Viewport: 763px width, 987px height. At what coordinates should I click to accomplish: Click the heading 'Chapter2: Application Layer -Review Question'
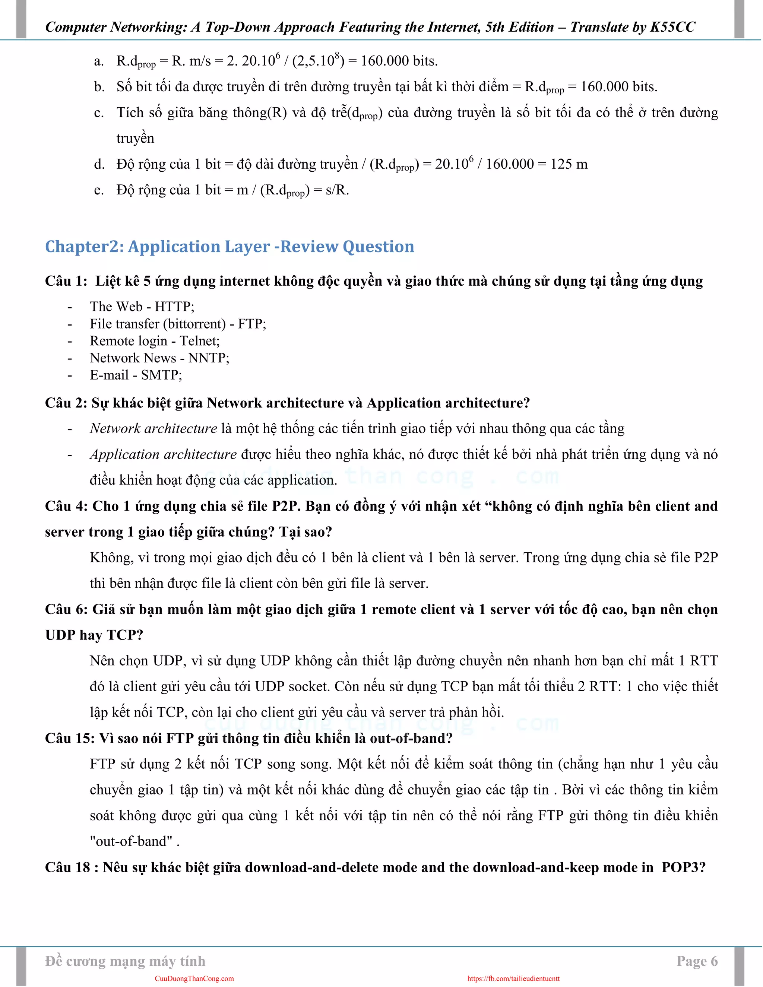click(x=229, y=247)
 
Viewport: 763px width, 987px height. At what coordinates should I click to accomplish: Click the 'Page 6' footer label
click(x=697, y=961)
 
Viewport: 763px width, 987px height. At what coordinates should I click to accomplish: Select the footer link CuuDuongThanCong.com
click(x=194, y=978)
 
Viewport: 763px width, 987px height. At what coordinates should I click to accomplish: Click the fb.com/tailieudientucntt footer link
click(x=513, y=978)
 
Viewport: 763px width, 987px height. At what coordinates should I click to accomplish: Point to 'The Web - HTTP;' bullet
click(x=142, y=307)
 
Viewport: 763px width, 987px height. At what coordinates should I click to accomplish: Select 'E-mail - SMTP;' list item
click(x=136, y=375)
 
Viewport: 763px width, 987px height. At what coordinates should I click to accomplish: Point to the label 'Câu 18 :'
click(x=72, y=867)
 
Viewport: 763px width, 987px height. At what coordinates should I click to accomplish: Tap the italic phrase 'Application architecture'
click(x=163, y=454)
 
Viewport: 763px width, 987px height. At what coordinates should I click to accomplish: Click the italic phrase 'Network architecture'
click(x=153, y=428)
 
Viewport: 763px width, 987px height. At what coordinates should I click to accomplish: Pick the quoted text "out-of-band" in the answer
click(x=132, y=841)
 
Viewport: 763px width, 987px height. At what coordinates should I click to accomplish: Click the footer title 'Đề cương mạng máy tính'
click(x=125, y=961)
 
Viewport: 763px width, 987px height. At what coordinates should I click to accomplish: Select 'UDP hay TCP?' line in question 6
click(x=94, y=635)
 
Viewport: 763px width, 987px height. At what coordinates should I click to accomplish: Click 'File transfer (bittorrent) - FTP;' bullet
click(x=178, y=324)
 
